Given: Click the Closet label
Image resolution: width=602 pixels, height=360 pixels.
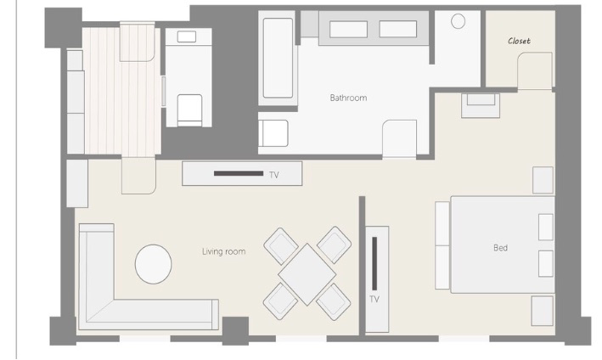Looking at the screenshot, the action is pyautogui.click(x=519, y=41).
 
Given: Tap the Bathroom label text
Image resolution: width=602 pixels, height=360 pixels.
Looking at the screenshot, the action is pyautogui.click(x=348, y=98).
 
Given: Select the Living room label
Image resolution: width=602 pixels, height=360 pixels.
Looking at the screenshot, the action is pyautogui.click(x=224, y=252).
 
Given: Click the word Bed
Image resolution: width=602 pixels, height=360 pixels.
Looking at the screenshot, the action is pyautogui.click(x=501, y=248).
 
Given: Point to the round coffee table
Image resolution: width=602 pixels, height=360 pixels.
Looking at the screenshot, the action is pyautogui.click(x=153, y=264).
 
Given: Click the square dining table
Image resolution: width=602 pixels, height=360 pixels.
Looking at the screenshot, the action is pyautogui.click(x=307, y=274).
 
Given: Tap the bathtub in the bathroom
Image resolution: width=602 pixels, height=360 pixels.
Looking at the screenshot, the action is pyautogui.click(x=278, y=58).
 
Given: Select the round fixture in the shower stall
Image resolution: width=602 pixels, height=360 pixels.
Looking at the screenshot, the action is pyautogui.click(x=458, y=21).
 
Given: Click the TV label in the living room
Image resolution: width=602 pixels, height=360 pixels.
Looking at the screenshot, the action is pyautogui.click(x=273, y=175).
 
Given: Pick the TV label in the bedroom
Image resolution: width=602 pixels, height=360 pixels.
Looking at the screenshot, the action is pyautogui.click(x=374, y=299).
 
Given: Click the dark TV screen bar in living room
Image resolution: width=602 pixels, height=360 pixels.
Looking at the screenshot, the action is pyautogui.click(x=239, y=173).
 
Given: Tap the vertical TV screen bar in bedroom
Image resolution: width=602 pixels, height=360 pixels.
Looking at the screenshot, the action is pyautogui.click(x=374, y=263).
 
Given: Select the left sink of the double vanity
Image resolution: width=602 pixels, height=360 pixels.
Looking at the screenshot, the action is pyautogui.click(x=348, y=29).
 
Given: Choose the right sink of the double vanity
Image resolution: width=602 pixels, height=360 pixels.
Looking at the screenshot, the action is pyautogui.click(x=398, y=29).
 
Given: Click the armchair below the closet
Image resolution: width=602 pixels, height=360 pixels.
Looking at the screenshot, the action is pyautogui.click(x=481, y=105).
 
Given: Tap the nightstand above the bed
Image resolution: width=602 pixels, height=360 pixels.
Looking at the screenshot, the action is pyautogui.click(x=543, y=180).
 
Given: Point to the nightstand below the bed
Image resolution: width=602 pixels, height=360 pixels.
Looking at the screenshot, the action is pyautogui.click(x=542, y=311).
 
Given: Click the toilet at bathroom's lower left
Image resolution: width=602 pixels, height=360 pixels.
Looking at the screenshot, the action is pyautogui.click(x=273, y=133).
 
